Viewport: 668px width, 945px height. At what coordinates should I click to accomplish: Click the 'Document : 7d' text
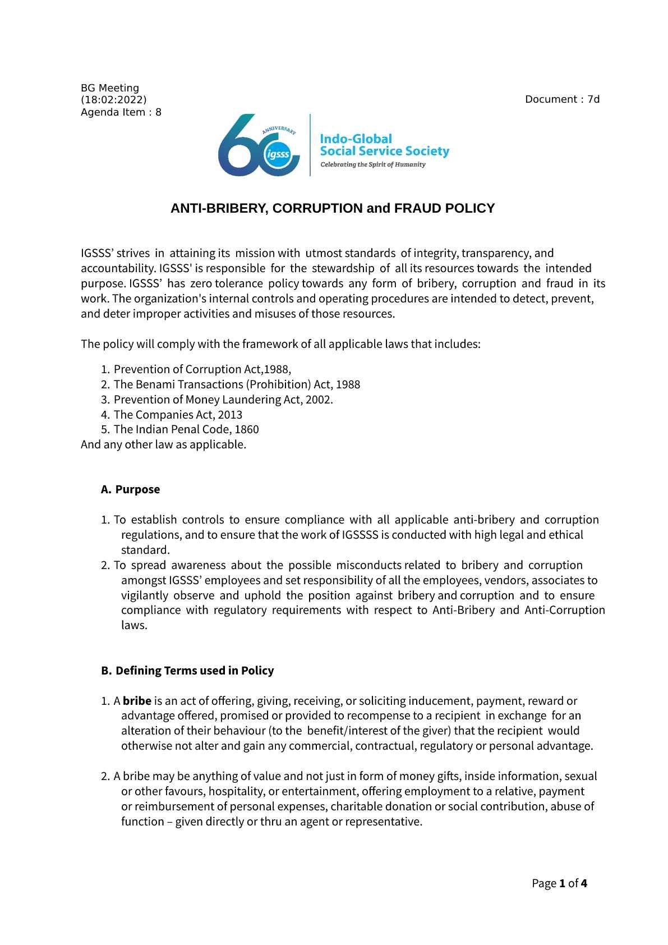pyautogui.click(x=562, y=100)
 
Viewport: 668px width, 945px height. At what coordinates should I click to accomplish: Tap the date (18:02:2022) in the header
pyautogui.click(x=114, y=100)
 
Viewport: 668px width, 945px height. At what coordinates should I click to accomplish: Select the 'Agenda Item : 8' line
pyautogui.click(x=121, y=112)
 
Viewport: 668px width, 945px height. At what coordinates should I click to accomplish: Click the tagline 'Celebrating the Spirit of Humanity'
pyautogui.click(x=372, y=165)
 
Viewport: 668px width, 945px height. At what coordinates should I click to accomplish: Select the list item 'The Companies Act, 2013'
pyautogui.click(x=178, y=415)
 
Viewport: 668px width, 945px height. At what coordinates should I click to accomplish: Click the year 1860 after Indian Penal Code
pyautogui.click(x=247, y=430)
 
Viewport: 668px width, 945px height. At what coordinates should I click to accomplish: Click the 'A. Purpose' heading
pyautogui.click(x=131, y=489)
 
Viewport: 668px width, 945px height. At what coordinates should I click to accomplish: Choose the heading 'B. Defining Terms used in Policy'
pyautogui.click(x=188, y=671)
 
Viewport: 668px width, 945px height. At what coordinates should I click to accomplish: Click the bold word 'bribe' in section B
pyautogui.click(x=137, y=701)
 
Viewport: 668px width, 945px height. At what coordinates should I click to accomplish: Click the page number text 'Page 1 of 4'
pyautogui.click(x=559, y=884)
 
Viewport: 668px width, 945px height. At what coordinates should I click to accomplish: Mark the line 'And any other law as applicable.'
pyautogui.click(x=163, y=445)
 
